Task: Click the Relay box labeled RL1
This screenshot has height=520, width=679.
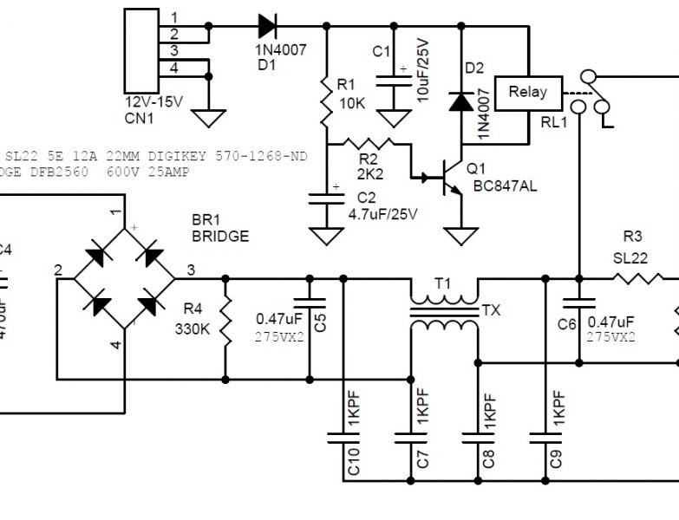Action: pos(527,92)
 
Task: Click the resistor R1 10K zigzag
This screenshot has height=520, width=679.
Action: pos(327,101)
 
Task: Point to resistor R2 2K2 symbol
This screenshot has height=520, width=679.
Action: pos(369,145)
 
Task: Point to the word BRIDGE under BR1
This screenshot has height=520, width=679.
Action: pos(220,236)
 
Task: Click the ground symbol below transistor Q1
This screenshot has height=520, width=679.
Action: pos(458,236)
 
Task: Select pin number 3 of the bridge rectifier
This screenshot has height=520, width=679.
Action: pos(190,270)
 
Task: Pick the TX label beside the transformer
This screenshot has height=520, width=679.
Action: pos(491,309)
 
